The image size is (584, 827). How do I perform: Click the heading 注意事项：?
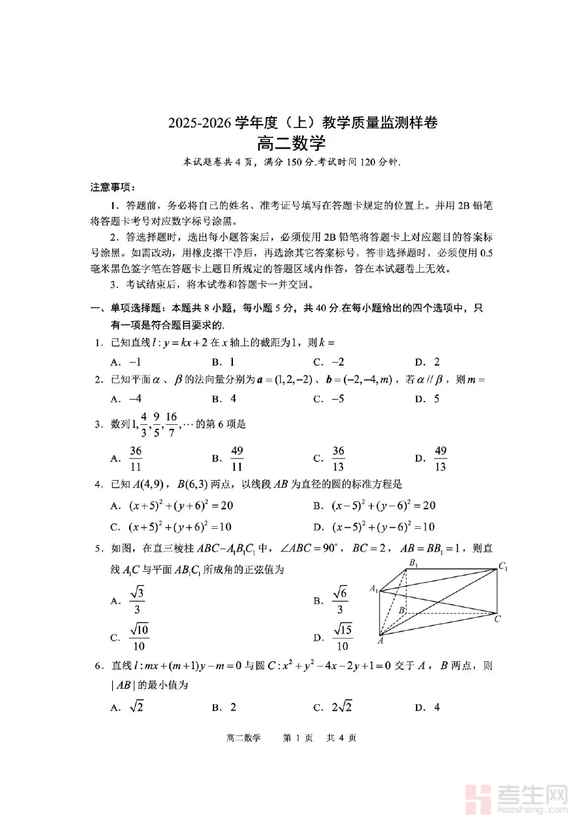coord(112,187)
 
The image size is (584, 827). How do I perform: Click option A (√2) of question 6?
coord(128,707)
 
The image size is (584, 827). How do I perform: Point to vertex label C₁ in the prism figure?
coord(504,568)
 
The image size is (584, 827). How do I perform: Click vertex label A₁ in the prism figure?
coord(374,589)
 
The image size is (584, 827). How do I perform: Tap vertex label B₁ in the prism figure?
coord(412,563)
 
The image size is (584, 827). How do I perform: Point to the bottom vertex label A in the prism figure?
coord(380,641)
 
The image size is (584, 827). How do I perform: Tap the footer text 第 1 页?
coord(298,737)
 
